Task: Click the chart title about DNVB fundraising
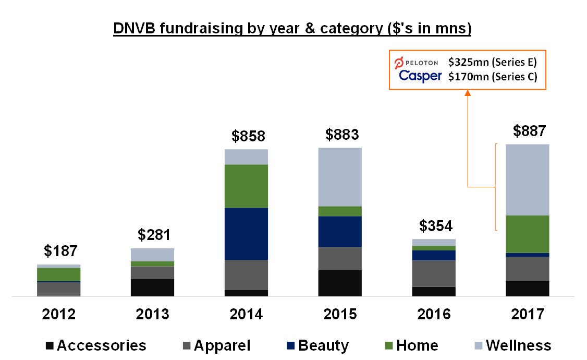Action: [x=292, y=28]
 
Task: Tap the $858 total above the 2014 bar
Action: [x=248, y=137]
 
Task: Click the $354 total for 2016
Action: [x=436, y=226]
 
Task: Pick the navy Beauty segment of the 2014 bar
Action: [x=246, y=234]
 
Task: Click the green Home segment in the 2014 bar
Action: [x=246, y=186]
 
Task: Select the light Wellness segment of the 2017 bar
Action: [x=528, y=179]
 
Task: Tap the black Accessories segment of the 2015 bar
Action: [x=340, y=283]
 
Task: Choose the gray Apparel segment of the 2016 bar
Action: [x=434, y=273]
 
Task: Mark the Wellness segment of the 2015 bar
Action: [x=340, y=177]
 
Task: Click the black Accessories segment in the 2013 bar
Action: [x=152, y=287]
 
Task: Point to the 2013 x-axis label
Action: [x=153, y=314]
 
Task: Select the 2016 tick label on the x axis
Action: [x=434, y=314]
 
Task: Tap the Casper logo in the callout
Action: [x=420, y=76]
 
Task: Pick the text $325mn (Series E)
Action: [x=492, y=62]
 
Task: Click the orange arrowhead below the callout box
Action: [x=468, y=93]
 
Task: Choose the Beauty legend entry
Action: [x=317, y=345]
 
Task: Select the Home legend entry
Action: [x=411, y=345]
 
